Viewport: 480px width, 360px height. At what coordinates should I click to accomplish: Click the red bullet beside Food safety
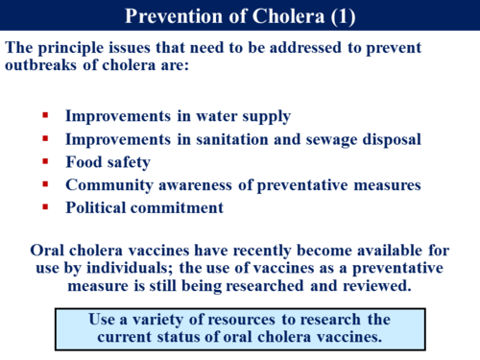pyautogui.click(x=45, y=161)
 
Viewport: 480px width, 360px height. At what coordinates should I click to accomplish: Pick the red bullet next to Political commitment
pyautogui.click(x=45, y=205)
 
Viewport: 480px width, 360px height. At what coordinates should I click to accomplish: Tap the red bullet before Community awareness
pyautogui.click(x=45, y=183)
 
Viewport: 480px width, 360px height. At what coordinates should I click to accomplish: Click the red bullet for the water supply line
pyautogui.click(x=45, y=115)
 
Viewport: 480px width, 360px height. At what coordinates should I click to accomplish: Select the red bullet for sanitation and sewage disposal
pyautogui.click(x=45, y=138)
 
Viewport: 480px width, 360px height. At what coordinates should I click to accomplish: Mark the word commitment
pyautogui.click(x=178, y=206)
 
